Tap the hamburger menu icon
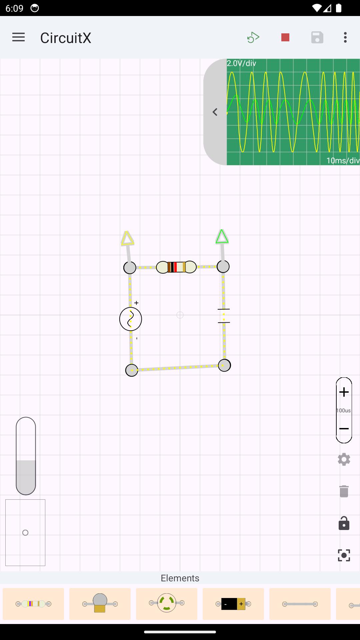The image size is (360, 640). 18,37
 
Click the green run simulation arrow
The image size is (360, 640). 253,37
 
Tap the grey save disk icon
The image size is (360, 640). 317,37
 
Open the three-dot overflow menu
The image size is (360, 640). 345,37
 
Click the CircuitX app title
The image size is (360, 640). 66,38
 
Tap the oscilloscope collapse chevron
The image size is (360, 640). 215,112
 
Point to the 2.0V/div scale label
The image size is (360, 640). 242,63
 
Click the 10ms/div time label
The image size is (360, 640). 343,161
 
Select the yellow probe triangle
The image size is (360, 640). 127,238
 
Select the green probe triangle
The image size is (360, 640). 222,237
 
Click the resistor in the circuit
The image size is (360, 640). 176,267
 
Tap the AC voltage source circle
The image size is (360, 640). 131,319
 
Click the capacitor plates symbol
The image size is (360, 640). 224,316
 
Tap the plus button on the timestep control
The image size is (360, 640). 344,392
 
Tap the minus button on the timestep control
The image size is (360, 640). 344,429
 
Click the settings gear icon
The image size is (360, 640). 344,459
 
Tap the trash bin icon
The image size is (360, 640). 344,491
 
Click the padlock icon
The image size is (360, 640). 344,523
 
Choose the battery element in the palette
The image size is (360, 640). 233,604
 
